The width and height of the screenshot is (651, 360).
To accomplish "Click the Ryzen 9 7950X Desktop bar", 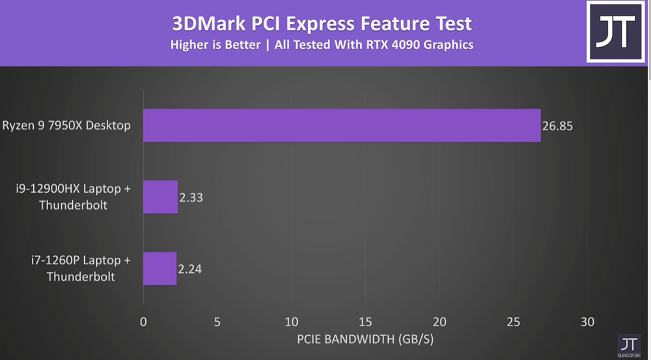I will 342,126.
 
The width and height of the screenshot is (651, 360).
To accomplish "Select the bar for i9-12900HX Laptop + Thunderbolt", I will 160,197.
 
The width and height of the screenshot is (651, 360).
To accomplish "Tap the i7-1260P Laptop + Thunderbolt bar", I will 159,268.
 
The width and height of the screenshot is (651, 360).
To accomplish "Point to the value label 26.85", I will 557,126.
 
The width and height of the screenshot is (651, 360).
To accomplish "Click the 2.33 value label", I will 191,197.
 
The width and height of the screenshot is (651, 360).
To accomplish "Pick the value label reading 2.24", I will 189,268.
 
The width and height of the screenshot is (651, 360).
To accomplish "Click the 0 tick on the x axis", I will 143,321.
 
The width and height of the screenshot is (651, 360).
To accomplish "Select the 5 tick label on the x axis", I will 217,321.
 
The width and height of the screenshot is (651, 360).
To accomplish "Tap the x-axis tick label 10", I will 291,321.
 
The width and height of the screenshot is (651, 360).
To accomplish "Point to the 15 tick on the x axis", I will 365,321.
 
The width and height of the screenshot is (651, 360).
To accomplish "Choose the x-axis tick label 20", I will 439,321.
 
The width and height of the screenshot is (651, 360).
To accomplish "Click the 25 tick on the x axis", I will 514,321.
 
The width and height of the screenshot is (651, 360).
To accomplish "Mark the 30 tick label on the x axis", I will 587,321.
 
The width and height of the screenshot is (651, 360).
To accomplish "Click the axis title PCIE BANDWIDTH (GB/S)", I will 365,340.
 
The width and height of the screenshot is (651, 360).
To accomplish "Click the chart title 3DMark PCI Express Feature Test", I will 322,24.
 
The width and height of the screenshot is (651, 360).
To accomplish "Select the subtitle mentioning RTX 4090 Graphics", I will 322,46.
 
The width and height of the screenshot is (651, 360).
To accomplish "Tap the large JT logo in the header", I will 615,31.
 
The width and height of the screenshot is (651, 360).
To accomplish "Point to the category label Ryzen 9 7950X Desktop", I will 66,126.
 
